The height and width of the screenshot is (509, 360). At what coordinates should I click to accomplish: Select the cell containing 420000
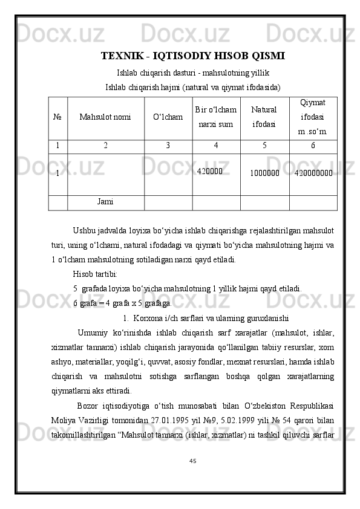209,171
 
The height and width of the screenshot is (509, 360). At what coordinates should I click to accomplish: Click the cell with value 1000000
264,173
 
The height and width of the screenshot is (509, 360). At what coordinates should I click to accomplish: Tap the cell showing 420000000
312,173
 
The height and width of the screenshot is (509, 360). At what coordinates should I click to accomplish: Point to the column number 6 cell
312,146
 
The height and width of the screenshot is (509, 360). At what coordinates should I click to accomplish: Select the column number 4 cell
216,146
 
